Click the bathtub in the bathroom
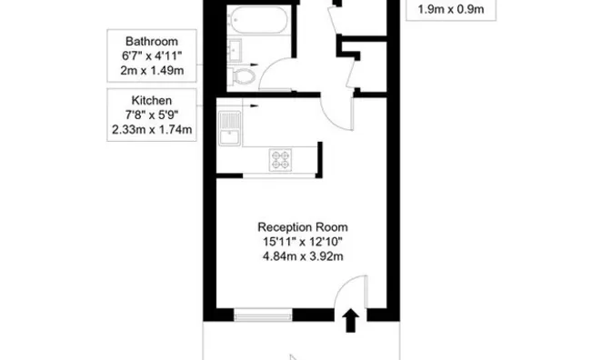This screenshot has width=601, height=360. (257, 20)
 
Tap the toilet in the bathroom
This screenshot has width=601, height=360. (241, 76)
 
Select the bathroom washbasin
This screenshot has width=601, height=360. (235, 50)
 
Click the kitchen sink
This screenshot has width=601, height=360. (230, 128)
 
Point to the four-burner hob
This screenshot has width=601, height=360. (280, 159)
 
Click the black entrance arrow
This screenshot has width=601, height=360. (350, 321)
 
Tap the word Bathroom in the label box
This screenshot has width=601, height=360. (152, 42)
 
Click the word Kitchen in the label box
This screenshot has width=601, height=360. (152, 100)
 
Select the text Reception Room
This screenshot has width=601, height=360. (303, 227)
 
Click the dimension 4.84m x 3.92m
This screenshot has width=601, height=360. (303, 256)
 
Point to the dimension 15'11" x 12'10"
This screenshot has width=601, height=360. (303, 242)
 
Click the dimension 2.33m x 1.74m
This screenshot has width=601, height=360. (152, 130)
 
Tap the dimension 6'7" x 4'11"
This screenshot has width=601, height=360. (152, 56)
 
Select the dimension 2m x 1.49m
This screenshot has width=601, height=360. (152, 71)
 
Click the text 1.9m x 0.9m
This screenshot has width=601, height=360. (451, 9)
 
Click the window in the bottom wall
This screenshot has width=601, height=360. (263, 315)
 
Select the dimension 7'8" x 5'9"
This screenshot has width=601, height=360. (152, 115)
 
